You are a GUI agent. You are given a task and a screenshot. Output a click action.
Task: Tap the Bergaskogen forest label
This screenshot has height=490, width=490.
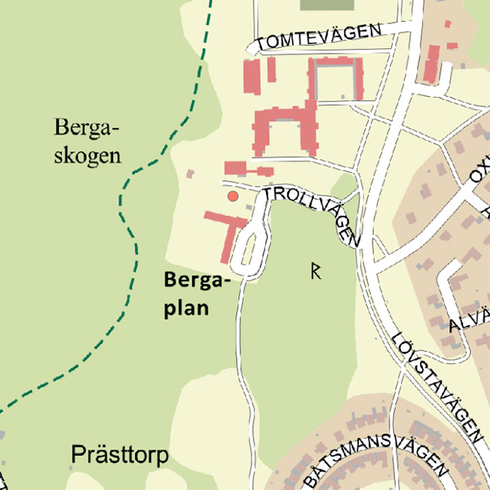point(87,142)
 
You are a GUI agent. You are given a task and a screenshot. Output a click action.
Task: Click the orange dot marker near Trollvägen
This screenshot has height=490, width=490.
point(233,197)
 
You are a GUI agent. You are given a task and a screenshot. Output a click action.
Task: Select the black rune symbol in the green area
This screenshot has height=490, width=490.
point(317,271)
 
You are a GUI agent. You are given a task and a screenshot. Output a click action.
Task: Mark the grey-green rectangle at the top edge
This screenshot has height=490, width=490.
point(326,4)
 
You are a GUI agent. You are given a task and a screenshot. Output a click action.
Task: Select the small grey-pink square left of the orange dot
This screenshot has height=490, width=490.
point(190,173)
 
